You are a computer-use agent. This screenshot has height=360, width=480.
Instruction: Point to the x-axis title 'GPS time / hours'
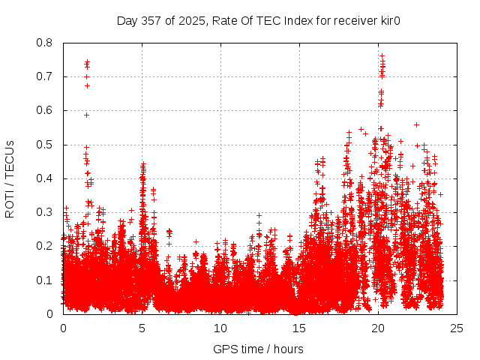pyautogui.click(x=258, y=349)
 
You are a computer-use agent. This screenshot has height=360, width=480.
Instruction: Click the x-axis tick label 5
pyautogui.click(x=142, y=328)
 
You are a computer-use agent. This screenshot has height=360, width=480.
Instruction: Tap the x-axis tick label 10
pyautogui.click(x=220, y=328)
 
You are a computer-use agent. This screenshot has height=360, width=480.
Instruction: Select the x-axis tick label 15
pyautogui.click(x=299, y=328)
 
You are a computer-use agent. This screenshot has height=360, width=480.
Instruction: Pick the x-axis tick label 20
pyautogui.click(x=378, y=328)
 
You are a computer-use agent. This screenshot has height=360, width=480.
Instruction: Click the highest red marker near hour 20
pyautogui.click(x=382, y=55)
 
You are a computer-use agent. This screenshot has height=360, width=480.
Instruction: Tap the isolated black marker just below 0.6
pyautogui.click(x=86, y=115)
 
